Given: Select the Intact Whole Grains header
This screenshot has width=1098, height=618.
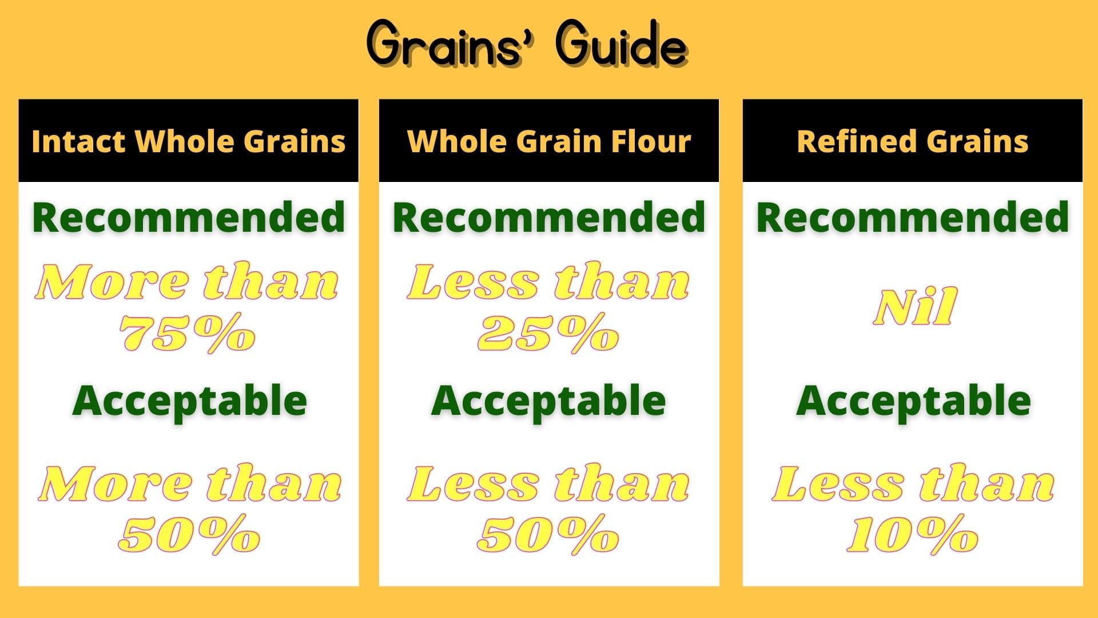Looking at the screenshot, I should [x=189, y=141].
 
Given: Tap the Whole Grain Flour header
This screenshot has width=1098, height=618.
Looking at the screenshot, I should [x=549, y=141].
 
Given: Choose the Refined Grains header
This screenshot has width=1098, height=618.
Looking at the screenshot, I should [x=913, y=141].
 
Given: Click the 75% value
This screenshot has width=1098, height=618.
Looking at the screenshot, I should [x=188, y=333].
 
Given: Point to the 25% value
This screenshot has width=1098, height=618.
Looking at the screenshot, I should [x=548, y=333].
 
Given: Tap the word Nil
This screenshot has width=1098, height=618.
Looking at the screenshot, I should [x=914, y=307].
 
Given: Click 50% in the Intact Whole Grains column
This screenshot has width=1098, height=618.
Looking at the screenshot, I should [x=189, y=535].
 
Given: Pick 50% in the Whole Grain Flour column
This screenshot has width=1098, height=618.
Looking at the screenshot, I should [x=548, y=535].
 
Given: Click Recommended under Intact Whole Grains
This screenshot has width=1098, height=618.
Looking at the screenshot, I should [x=189, y=217].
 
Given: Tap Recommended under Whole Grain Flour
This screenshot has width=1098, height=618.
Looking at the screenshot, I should [x=549, y=217].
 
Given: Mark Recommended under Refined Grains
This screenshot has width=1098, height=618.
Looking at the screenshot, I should [x=913, y=217].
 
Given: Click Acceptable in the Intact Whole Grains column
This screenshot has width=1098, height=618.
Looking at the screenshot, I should [x=189, y=401].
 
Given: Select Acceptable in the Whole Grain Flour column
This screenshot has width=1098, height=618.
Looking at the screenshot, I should [x=548, y=401].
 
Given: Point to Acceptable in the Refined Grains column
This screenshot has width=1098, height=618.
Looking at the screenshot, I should [x=913, y=401].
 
